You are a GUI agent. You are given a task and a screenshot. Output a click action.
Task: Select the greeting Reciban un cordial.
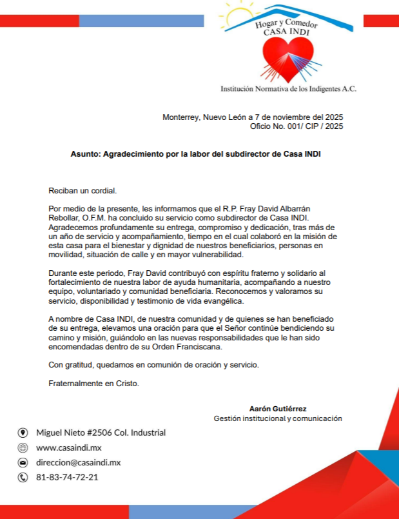(83, 191)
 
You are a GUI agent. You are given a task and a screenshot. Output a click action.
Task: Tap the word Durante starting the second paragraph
(63, 273)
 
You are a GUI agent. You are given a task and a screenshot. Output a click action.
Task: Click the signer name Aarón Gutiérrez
(278, 409)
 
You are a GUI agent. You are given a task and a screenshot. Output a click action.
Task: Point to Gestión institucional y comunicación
(278, 418)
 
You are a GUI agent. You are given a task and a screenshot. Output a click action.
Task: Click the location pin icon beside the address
(23, 433)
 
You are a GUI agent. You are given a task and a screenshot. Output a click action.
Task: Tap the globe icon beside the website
(23, 447)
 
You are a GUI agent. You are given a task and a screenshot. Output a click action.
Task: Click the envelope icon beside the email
(23, 462)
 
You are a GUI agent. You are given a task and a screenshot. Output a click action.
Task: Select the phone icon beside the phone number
(23, 477)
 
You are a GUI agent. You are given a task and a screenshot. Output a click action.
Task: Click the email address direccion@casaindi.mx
(79, 462)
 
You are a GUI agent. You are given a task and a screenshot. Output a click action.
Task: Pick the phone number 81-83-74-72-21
(67, 477)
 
